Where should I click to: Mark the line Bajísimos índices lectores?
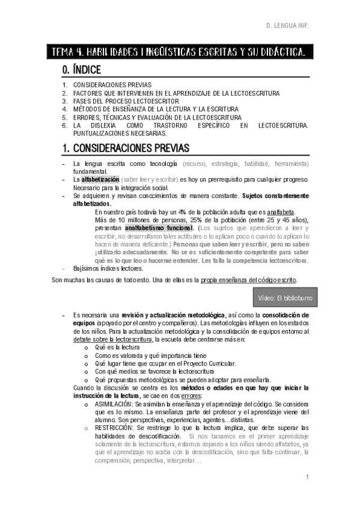(103, 268)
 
